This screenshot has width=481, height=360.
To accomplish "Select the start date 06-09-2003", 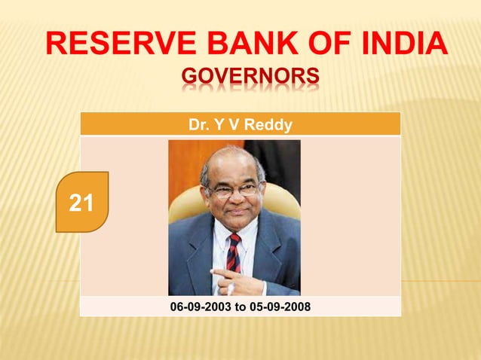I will coord(198,307).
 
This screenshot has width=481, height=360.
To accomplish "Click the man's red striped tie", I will coord(234,252).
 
